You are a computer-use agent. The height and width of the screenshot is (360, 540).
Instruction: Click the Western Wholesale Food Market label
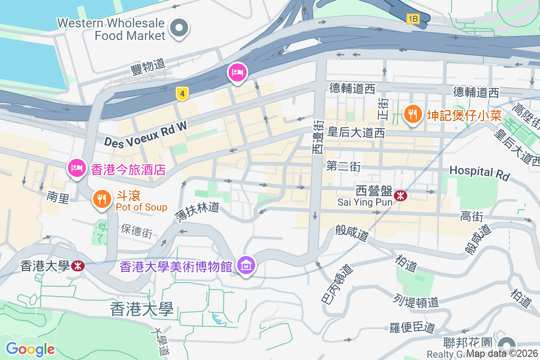point(112,29)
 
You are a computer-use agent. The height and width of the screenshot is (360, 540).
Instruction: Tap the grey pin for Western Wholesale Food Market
point(180,28)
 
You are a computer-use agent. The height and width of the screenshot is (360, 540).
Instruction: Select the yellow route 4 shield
point(182,94)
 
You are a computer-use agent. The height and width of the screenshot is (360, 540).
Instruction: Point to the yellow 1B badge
point(413,19)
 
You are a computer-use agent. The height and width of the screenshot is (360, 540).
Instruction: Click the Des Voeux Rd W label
point(145,135)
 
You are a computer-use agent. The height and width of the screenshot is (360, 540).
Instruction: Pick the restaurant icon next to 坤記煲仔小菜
point(412,113)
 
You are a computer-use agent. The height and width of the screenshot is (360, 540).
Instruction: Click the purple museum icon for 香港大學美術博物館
point(247,265)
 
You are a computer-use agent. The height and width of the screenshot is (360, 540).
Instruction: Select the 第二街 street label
point(344,166)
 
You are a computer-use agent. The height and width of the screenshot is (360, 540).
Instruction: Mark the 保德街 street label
point(137,230)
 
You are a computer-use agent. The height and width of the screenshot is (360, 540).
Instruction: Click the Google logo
point(30,349)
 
